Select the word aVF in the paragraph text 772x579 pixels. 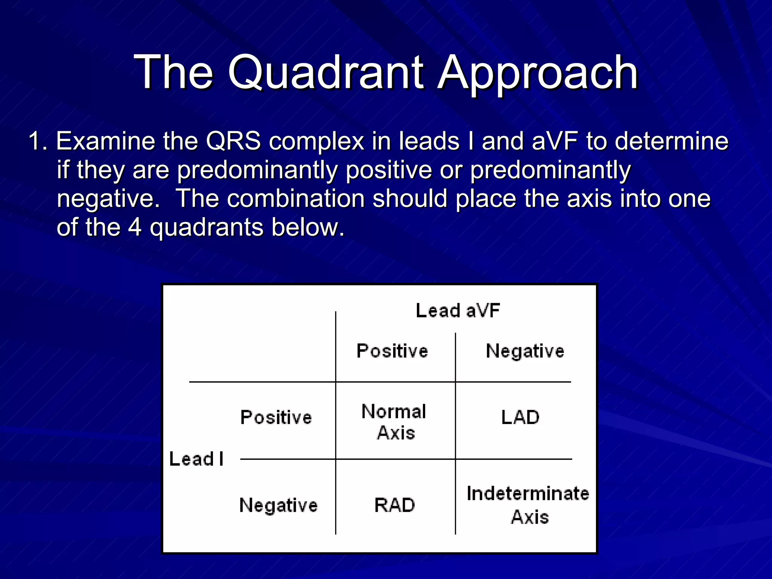pos(554,141)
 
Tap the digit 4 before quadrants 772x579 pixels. pos(135,227)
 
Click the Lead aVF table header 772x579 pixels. pos(458,311)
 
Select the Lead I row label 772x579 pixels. pos(196,459)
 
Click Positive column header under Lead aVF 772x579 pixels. pos(392,351)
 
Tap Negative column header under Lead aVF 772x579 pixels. pos(525,351)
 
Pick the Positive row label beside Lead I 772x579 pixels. pos(276,418)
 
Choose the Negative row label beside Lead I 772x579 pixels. pos(278,505)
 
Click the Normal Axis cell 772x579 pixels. pos(394,422)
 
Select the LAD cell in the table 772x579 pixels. pos(520,418)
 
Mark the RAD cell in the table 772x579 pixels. pos(394,505)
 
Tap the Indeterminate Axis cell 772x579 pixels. pos(528,505)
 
